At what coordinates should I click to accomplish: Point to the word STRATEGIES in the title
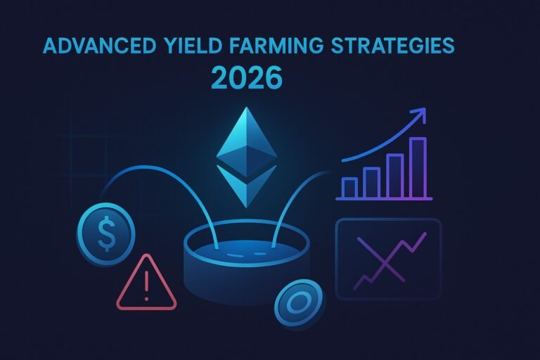coord(394,47)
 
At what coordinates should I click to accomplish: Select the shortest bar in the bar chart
coord(349,186)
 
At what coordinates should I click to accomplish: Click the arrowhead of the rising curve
coord(420,113)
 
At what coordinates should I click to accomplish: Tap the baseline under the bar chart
coord(383,199)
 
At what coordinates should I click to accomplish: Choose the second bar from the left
coord(371,181)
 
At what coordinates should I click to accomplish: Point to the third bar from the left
coord(394,175)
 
